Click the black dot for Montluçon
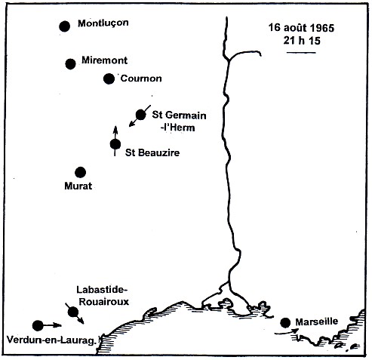tap(64, 26)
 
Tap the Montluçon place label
tap(103, 23)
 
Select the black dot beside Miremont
tap(71, 63)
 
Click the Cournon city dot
tap(109, 78)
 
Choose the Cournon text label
tap(142, 78)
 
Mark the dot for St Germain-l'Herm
tap(140, 115)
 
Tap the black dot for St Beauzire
tap(115, 143)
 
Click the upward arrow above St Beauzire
tap(115, 130)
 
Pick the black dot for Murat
tap(81, 172)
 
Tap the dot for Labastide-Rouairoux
tap(72, 312)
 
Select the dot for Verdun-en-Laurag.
tap(39, 325)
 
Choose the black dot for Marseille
tap(285, 323)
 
